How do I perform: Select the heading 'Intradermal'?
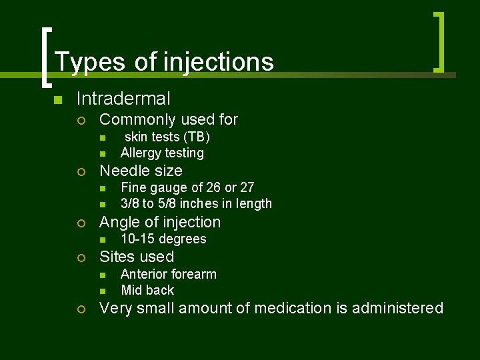pyautogui.click(x=123, y=99)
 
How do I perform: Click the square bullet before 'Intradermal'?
pyautogui.click(x=58, y=100)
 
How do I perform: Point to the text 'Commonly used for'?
pyautogui.click(x=168, y=120)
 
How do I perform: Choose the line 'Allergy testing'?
pyautogui.click(x=162, y=153)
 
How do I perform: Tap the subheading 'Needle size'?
pyautogui.click(x=141, y=171)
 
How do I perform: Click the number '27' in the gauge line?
pyautogui.click(x=247, y=188)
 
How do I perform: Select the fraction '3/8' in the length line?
pyautogui.click(x=129, y=204)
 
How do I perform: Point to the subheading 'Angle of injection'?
pyautogui.click(x=159, y=223)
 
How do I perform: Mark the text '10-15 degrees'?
pyautogui.click(x=163, y=239)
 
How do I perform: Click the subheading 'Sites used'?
pyautogui.click(x=137, y=257)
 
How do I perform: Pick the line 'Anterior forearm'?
pyautogui.click(x=169, y=275)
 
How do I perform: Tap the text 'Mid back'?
pyautogui.click(x=147, y=291)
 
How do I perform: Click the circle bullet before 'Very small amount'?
pyautogui.click(x=81, y=309)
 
